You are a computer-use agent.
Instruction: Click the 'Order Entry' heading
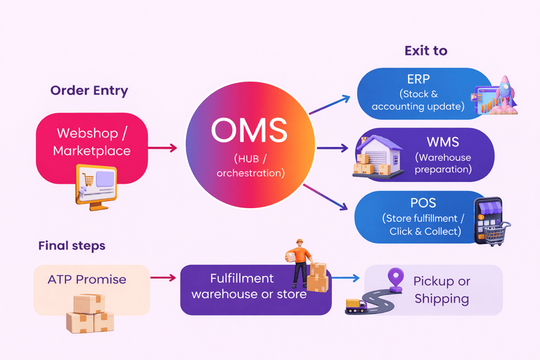click(x=89, y=91)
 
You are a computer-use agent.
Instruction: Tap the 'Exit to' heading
click(x=425, y=50)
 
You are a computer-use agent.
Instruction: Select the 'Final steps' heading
click(x=71, y=245)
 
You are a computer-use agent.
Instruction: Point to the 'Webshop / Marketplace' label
click(x=92, y=142)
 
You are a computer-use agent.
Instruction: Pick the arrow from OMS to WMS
click(x=331, y=148)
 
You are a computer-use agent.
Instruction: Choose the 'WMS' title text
click(x=443, y=143)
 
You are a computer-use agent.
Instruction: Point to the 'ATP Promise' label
click(x=87, y=280)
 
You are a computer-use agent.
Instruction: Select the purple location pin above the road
click(x=395, y=279)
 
